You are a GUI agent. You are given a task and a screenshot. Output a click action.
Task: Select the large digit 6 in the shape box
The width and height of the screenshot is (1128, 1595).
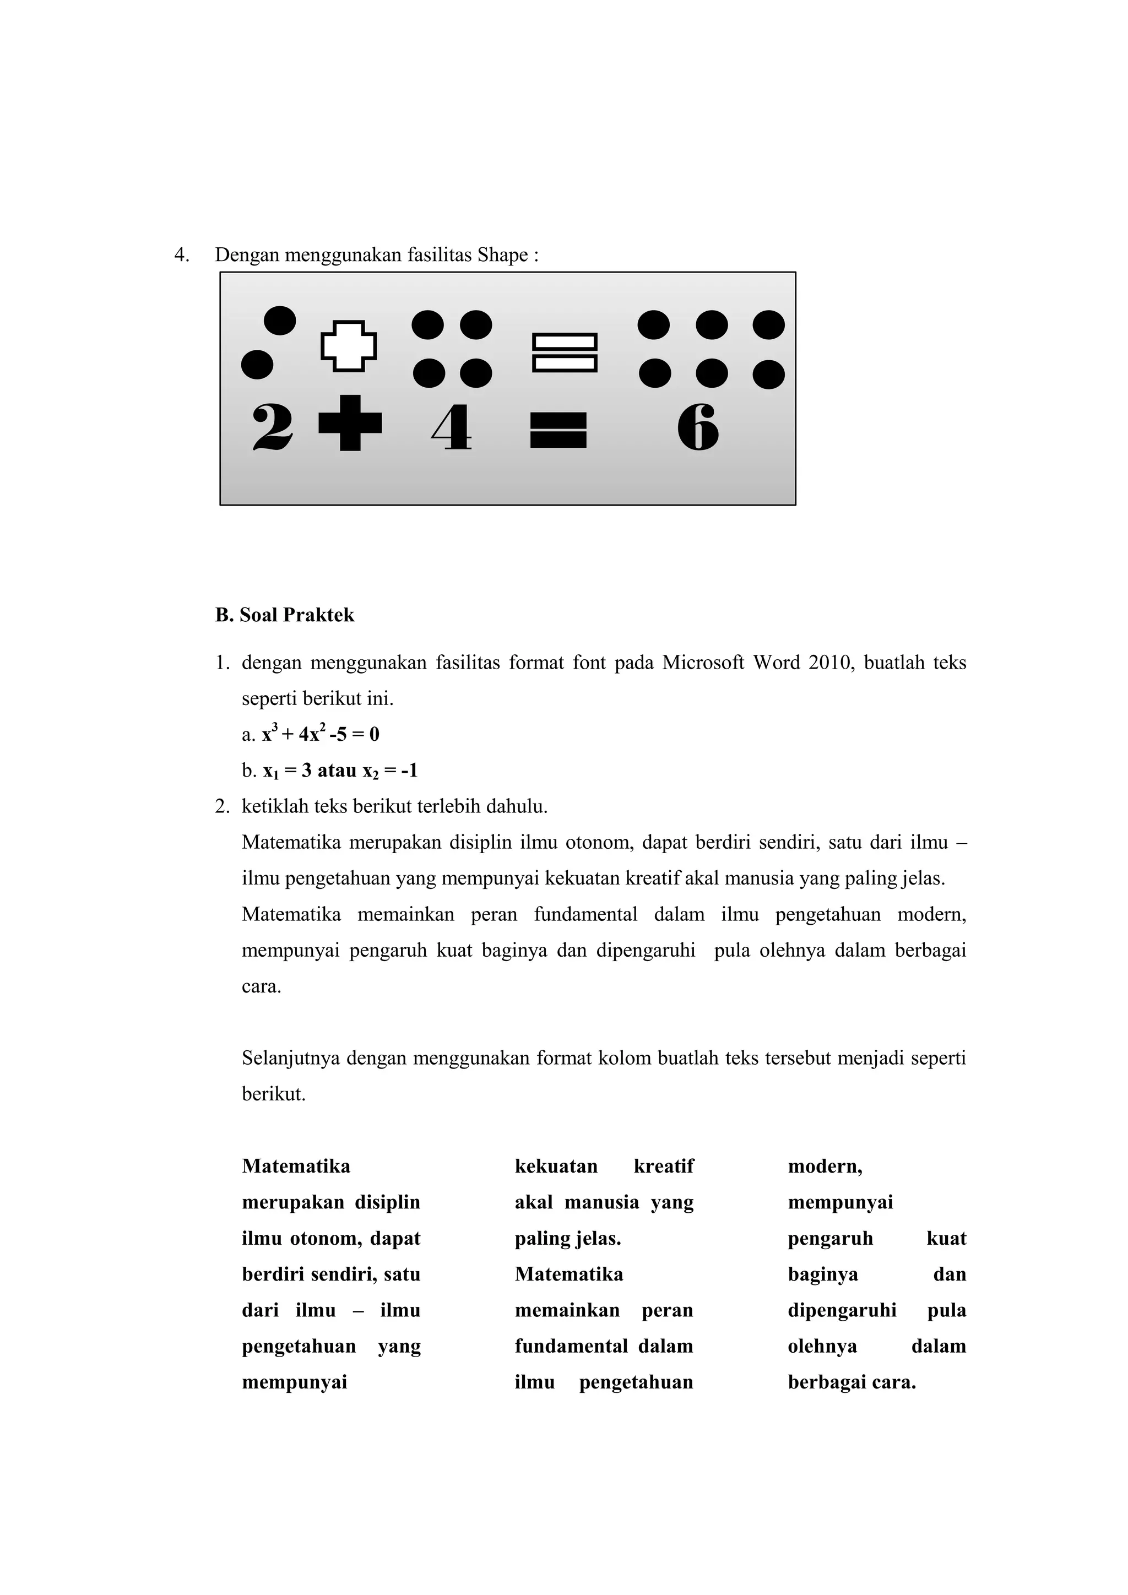[697, 427]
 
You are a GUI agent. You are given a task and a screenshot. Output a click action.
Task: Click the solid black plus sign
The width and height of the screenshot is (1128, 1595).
[350, 423]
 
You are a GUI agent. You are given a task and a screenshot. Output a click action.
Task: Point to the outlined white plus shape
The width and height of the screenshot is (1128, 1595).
[349, 345]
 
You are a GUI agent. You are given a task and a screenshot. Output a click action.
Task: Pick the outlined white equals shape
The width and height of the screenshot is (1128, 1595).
[565, 353]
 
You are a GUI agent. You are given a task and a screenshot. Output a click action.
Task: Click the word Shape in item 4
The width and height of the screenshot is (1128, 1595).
[503, 255]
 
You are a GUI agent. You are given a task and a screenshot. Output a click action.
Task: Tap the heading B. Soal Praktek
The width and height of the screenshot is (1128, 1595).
[285, 615]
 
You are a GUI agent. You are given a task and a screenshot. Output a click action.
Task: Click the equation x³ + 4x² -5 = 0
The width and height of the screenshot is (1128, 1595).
[321, 734]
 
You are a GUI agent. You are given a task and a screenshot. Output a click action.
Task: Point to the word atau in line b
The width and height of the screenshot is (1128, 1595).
[337, 771]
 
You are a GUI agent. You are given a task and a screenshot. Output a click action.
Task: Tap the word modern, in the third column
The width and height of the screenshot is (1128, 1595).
[825, 1167]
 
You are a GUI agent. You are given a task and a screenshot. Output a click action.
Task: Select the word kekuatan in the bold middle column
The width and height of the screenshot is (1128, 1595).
[556, 1167]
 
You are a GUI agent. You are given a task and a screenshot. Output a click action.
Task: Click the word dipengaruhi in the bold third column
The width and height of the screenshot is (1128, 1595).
[842, 1310]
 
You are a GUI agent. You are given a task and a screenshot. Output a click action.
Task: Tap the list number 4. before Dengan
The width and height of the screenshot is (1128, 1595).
[181, 255]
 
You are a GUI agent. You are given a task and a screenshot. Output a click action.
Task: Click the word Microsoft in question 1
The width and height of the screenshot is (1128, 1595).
[703, 663]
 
